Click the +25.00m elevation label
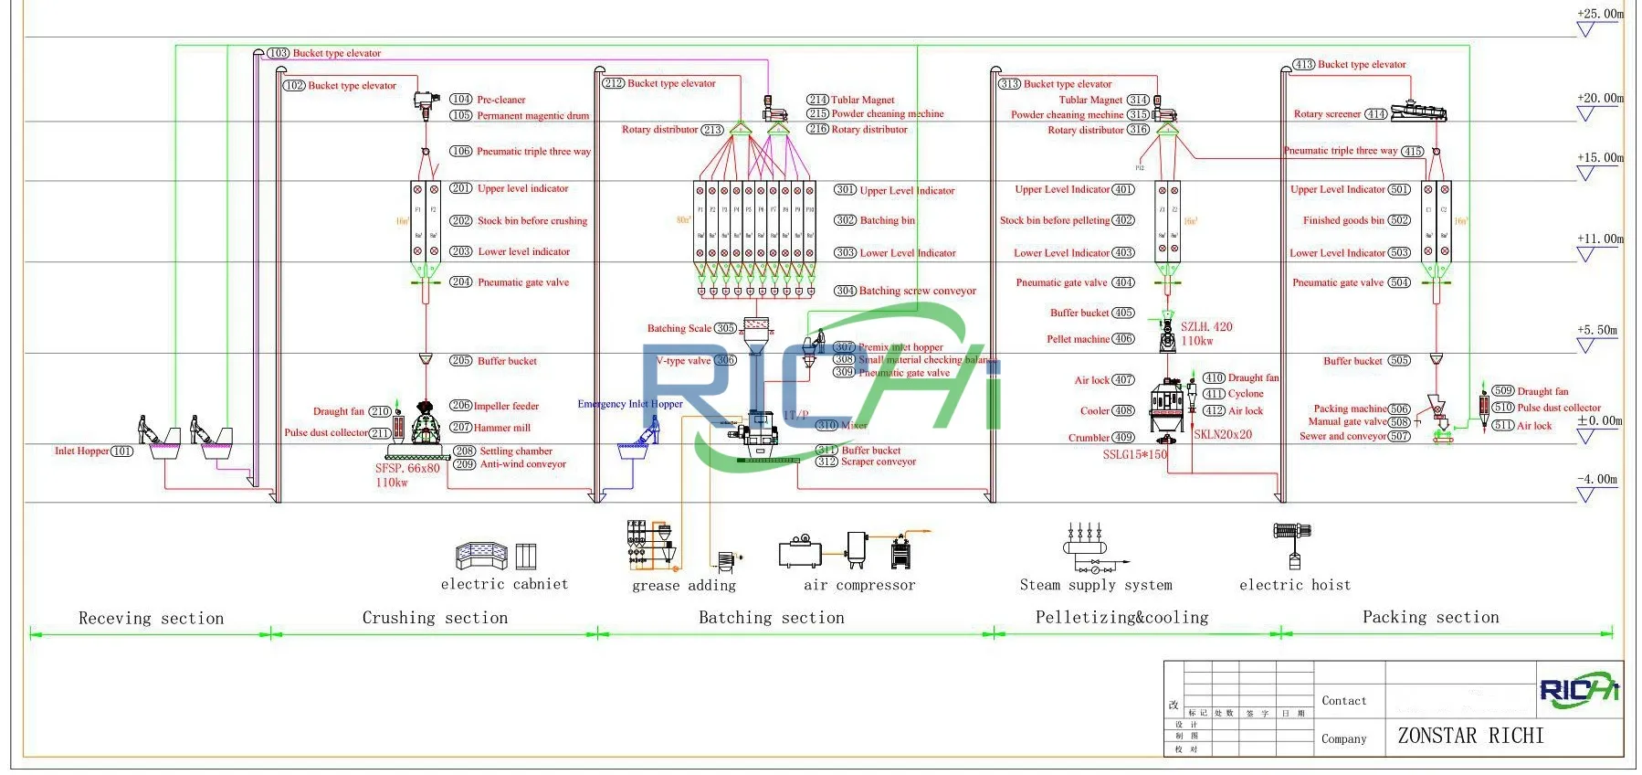pos(1600,14)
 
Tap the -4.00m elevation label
pos(1596,479)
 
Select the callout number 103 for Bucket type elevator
pos(279,53)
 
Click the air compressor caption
pos(858,585)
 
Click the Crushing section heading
pos(435,618)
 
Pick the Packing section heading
pos(1430,617)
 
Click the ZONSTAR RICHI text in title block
pos(1470,736)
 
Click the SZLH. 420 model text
pos(1205,326)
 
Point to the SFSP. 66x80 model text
pos(407,468)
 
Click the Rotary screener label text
pos(1327,114)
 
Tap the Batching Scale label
pos(679,328)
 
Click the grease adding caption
pos(683,586)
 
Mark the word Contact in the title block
pos(1343,701)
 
